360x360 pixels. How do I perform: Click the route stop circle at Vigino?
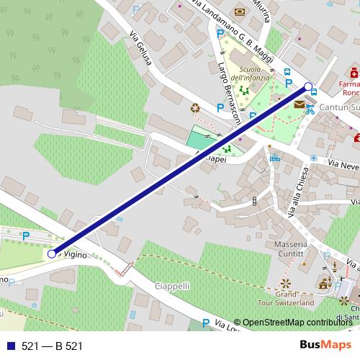[51, 253]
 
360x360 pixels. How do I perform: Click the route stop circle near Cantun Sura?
[309, 87]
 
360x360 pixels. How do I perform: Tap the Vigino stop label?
[75, 255]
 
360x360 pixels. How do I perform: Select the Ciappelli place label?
[173, 286]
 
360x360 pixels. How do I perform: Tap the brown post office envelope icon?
[299, 104]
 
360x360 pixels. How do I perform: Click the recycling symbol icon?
[195, 108]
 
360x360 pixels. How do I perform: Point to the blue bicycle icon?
[310, 109]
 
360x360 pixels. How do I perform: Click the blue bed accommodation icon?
[274, 158]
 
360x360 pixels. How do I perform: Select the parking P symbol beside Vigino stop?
[27, 235]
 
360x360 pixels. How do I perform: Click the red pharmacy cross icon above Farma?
[354, 73]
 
